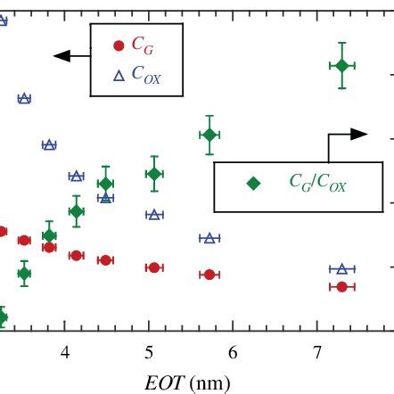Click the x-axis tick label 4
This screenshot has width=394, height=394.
tap(64, 353)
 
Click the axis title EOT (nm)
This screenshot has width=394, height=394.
tap(188, 382)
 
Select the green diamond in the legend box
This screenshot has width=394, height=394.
tap(254, 183)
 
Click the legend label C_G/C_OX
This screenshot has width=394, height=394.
tap(317, 184)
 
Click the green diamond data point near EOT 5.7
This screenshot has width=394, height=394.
tap(209, 135)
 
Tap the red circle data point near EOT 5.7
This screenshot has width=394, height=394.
tap(209, 275)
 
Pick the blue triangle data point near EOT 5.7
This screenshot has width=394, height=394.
tap(209, 238)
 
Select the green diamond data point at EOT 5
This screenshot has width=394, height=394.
tap(153, 175)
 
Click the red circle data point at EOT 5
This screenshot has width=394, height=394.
tap(153, 267)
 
